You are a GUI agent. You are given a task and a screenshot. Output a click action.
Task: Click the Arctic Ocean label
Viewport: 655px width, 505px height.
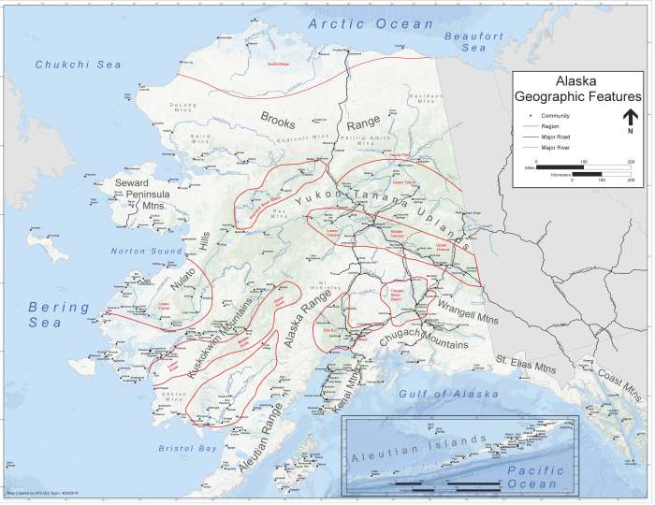[371, 23]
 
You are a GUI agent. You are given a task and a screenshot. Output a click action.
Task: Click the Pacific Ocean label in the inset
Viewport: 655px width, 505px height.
[530, 478]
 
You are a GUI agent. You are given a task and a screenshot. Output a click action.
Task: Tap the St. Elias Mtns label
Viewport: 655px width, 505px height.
[526, 364]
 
